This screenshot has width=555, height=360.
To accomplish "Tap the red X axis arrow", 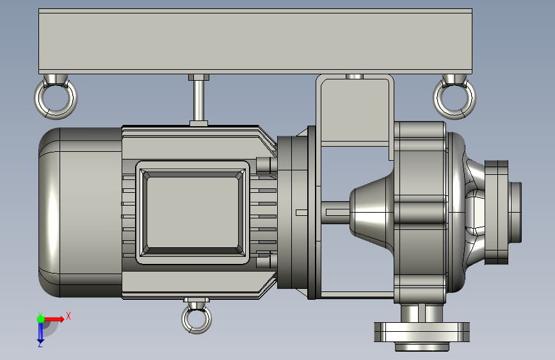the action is click(53, 319).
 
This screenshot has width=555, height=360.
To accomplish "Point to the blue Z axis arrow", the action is click(40, 332).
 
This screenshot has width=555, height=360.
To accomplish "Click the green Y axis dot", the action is click(40, 319).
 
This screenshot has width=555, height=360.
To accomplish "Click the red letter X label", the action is click(68, 316).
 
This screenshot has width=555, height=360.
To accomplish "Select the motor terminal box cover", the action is click(193, 212).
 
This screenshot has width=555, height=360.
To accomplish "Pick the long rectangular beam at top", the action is click(255, 41).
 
